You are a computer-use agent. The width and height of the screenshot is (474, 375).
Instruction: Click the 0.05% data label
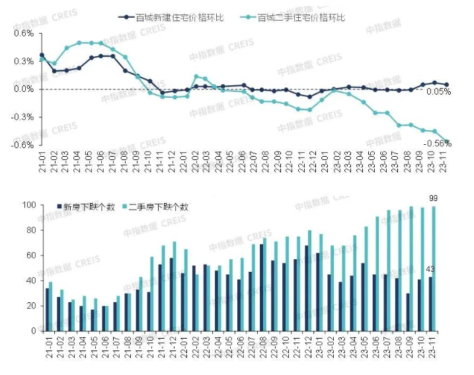439,92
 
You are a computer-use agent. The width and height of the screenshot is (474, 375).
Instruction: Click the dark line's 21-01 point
42,56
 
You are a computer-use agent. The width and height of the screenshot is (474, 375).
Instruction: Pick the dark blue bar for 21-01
48,309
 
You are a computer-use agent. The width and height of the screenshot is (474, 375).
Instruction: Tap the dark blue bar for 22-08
262,287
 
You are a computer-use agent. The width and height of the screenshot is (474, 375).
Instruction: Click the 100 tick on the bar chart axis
28,205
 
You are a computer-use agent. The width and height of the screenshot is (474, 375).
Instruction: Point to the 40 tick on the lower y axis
30,280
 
